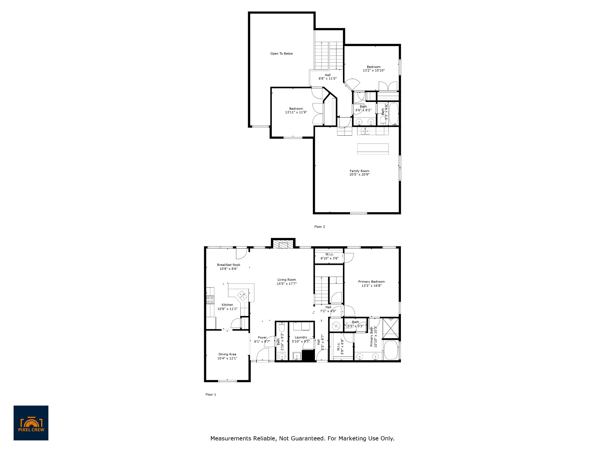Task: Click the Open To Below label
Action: [x=282, y=53]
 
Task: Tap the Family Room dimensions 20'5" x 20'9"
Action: [x=359, y=175]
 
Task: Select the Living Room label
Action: [x=287, y=280]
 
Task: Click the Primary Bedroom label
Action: [x=371, y=282]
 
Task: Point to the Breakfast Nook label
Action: [x=228, y=265]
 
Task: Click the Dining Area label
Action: [x=227, y=354]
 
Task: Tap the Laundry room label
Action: [x=301, y=337]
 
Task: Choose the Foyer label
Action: [x=262, y=338]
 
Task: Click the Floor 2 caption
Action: [x=319, y=227]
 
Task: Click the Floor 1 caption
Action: [x=211, y=394]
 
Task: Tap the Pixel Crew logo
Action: [x=31, y=423]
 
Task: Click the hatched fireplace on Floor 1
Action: [x=283, y=245]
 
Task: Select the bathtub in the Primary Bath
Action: [x=391, y=350]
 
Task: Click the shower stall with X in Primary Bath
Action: [x=391, y=327]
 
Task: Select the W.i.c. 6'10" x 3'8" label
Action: [x=329, y=256]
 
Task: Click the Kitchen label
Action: [x=227, y=305]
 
